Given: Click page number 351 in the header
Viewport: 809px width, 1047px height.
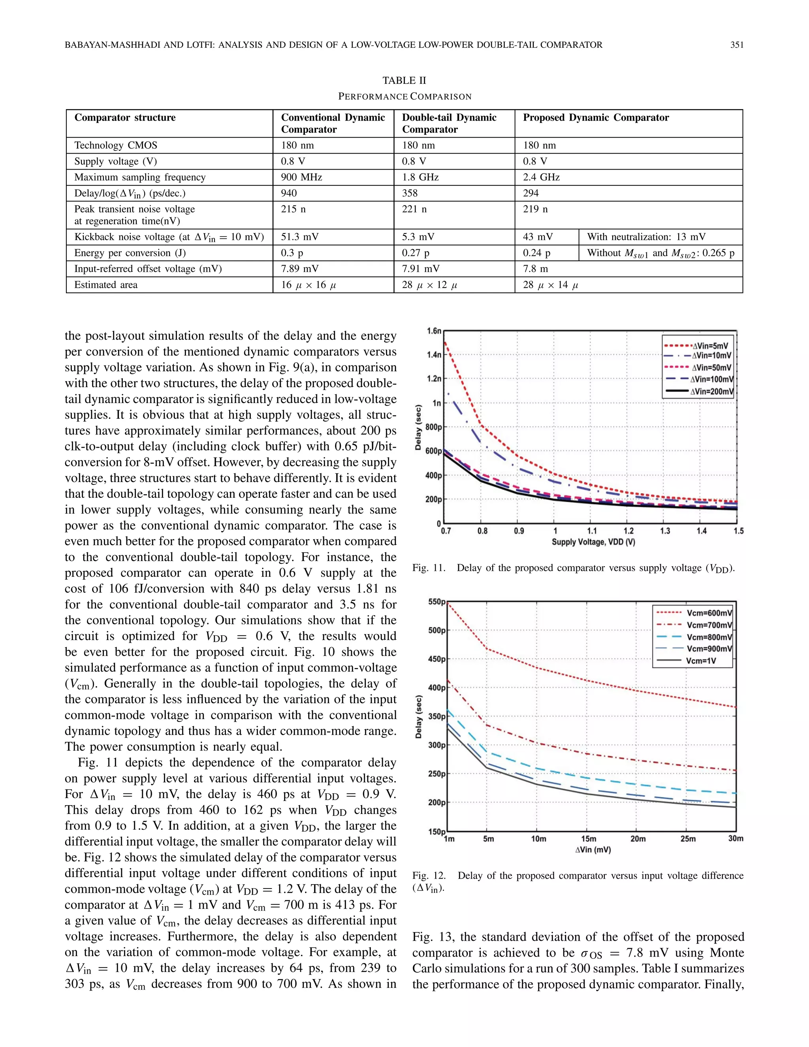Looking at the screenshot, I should click(x=737, y=45).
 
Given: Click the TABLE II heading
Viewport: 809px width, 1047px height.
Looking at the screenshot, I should click(x=404, y=81).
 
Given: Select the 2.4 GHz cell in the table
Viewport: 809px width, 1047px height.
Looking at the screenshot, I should click(x=541, y=177).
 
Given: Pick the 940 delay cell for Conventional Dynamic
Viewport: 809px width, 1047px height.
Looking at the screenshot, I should click(x=289, y=193).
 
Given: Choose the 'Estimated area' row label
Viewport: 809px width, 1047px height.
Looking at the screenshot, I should click(x=106, y=285).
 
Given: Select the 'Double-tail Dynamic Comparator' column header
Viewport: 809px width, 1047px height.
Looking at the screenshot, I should click(x=449, y=123).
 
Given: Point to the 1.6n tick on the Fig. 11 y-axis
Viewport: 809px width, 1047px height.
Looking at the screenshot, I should click(x=434, y=331).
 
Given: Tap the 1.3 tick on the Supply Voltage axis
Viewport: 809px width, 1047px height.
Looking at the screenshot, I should click(x=665, y=531).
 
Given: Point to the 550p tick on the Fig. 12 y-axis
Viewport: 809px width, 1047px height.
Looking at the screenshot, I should click(x=436, y=602).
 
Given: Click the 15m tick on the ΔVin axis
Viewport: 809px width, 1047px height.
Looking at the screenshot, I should click(x=589, y=838).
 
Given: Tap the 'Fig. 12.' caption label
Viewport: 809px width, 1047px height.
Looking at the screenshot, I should click(x=429, y=876).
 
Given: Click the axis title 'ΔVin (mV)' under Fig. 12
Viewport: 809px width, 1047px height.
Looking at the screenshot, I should click(x=593, y=849).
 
